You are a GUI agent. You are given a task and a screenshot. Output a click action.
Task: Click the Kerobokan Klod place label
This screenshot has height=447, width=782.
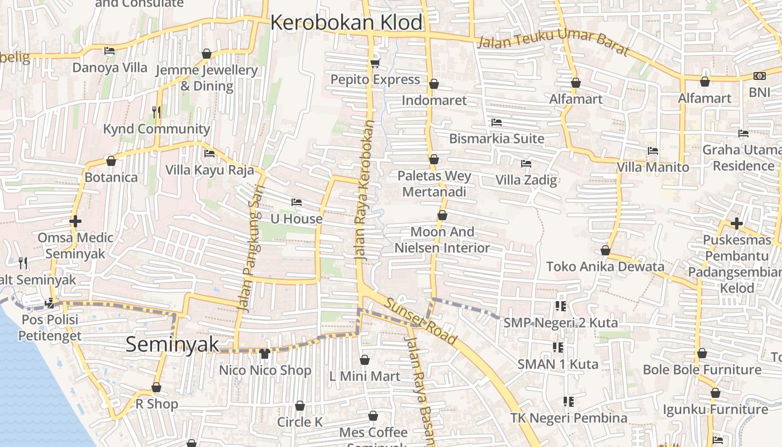coord(346,23)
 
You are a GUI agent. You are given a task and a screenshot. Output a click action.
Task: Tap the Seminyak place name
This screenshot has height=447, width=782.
coord(172,344)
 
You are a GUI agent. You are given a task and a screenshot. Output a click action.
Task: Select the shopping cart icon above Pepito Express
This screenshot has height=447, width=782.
coord(375,63)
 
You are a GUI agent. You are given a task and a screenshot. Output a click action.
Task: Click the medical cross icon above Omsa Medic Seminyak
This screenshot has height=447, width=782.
coord(75,221)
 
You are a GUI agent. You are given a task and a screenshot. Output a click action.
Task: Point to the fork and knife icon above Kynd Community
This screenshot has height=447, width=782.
coord(156,112)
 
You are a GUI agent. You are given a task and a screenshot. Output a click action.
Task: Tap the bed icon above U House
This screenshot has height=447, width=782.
coord(297,202)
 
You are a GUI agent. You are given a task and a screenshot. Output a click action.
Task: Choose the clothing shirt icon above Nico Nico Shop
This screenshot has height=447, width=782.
coord(265,353)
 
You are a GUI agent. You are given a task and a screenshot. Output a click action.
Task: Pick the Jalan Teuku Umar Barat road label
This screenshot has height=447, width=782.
coord(553,46)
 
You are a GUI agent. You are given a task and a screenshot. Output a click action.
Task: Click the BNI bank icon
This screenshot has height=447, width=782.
coord(759,76)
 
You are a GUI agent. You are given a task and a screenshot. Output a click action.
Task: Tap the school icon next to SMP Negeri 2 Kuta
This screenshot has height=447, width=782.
coord(560,306)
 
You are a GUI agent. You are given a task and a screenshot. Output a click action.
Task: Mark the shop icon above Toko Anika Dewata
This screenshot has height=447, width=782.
coord(605,250)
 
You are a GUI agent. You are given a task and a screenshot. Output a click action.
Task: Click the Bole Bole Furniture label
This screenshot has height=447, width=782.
coord(702,370)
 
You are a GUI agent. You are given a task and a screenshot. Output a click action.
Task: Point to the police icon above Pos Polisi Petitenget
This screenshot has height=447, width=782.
coord(49,303)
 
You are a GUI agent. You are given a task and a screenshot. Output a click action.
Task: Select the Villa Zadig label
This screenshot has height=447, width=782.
coord(526,180)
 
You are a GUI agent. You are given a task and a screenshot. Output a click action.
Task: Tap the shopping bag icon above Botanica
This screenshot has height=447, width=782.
coord(111,161)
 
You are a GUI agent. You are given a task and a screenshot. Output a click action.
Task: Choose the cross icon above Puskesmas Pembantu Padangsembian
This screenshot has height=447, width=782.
coord(737,223)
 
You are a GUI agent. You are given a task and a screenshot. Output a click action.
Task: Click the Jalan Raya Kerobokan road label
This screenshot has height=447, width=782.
coord(364,190)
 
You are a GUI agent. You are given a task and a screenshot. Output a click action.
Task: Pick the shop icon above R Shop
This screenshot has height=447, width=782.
coord(156,387)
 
